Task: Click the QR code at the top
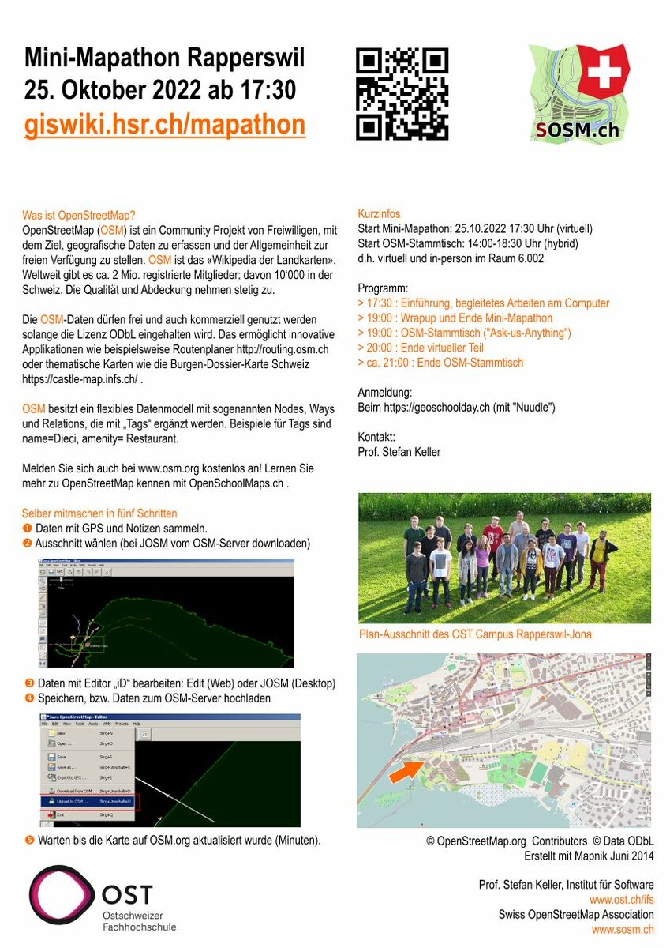[402, 94]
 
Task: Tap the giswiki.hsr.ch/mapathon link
[164, 125]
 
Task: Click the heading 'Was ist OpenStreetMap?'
[79, 215]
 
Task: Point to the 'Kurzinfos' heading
[379, 214]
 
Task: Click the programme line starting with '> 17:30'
[483, 303]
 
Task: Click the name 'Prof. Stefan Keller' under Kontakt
[399, 452]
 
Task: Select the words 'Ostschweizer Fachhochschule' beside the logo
[139, 920]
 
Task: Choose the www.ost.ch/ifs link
[621, 900]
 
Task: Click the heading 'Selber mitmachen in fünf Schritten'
[99, 513]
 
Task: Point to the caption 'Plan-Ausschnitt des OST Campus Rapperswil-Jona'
[474, 634]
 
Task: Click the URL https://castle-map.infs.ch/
[80, 379]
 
